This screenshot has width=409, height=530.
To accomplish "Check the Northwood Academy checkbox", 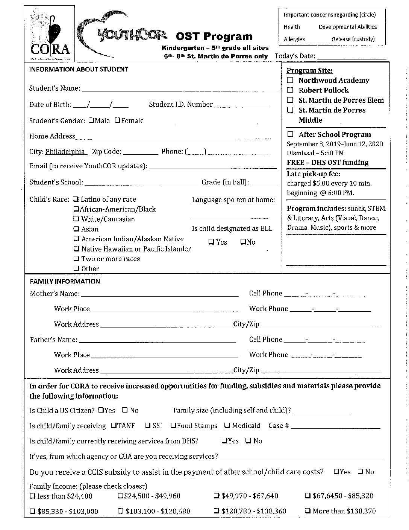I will pyautogui.click(x=290, y=80).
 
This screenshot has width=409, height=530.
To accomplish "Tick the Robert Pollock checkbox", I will pyautogui.click(x=290, y=90).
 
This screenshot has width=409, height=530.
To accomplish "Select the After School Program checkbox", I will pyautogui.click(x=290, y=134).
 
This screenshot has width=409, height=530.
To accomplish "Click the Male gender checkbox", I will pyautogui.click(x=91, y=120).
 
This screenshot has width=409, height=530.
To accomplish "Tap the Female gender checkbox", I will pyautogui.click(x=118, y=120).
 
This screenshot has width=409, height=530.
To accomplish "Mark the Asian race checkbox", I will pyautogui.click(x=76, y=229).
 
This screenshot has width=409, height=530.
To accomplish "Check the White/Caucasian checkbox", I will pyautogui.click(x=76, y=219).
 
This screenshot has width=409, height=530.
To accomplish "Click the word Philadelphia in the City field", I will pyautogui.click(x=65, y=152).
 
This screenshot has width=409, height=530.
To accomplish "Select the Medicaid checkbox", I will pyautogui.click(x=227, y=425).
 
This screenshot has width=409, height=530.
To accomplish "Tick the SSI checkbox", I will pyautogui.click(x=148, y=425).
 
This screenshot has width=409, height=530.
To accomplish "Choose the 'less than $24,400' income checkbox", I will pyautogui.click(x=33, y=496).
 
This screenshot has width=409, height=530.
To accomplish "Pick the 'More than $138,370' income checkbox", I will pyautogui.click(x=308, y=511).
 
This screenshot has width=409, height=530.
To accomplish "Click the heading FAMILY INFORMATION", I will pyautogui.click(x=65, y=281).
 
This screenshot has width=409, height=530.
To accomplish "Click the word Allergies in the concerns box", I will pyautogui.click(x=294, y=39).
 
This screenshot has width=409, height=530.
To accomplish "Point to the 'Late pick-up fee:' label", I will pyautogui.click(x=314, y=174).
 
